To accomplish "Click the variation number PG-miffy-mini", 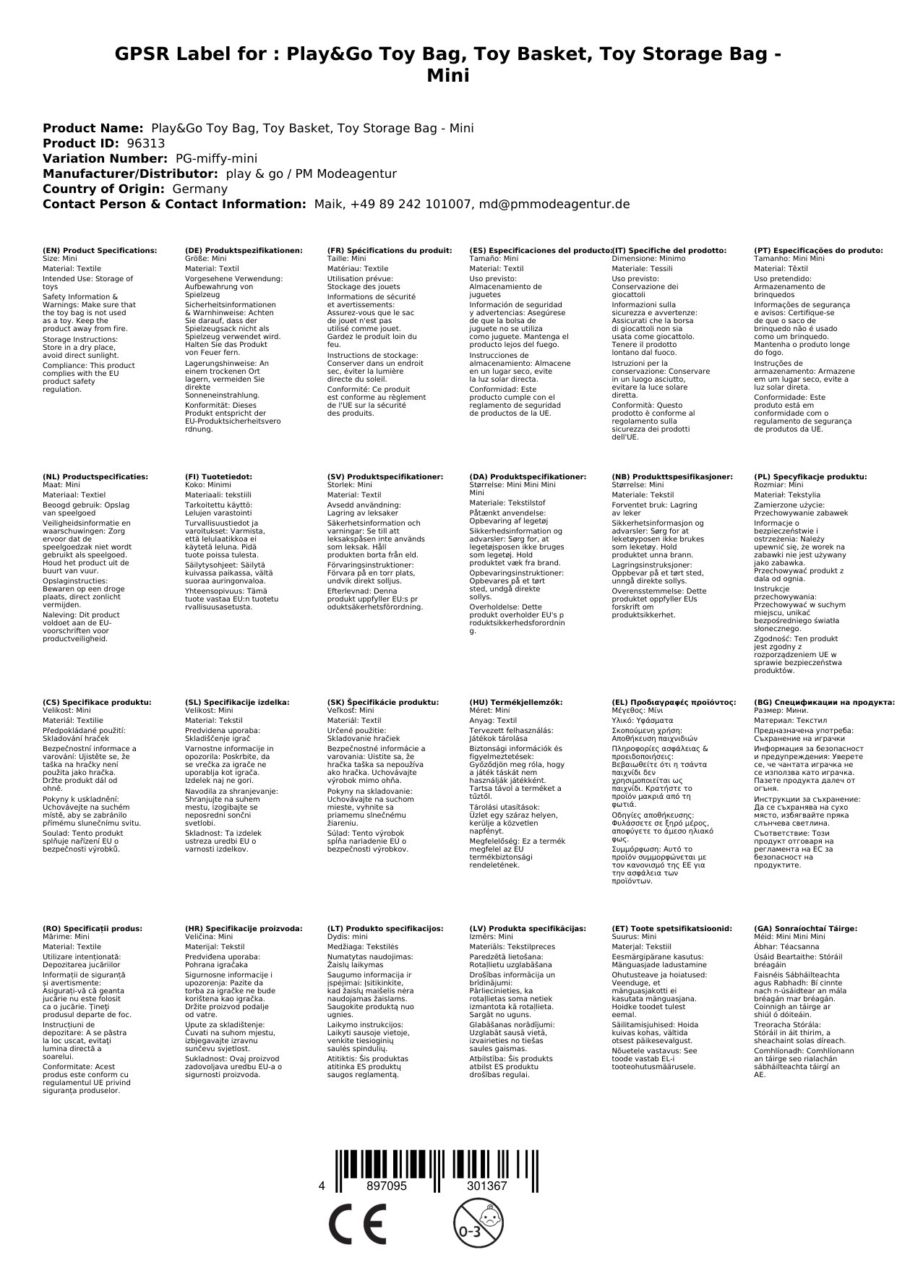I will (216, 158).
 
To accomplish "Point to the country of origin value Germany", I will (199, 189).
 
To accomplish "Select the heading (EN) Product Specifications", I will (100, 251).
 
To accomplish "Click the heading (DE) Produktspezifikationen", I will (244, 251).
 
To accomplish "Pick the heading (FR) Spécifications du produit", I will (390, 251).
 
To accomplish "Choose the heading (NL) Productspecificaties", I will (95, 477).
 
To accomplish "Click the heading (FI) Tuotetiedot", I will (218, 477).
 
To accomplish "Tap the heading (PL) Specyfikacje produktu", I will (810, 477).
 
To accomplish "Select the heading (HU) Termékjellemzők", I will (516, 702).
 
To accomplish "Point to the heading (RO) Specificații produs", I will (93, 928).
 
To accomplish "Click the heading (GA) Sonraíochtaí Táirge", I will (805, 928).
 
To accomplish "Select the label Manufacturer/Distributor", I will (130, 174).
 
